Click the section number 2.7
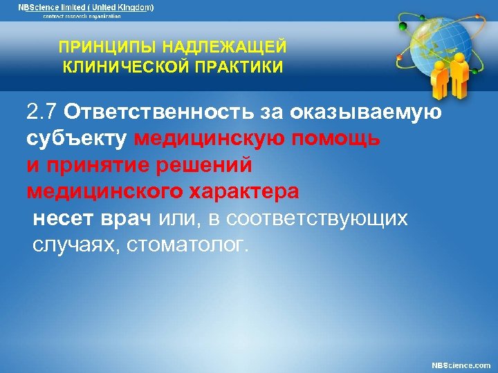pos(42,112)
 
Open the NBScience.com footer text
pos(461,364)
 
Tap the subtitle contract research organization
pos(82,16)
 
